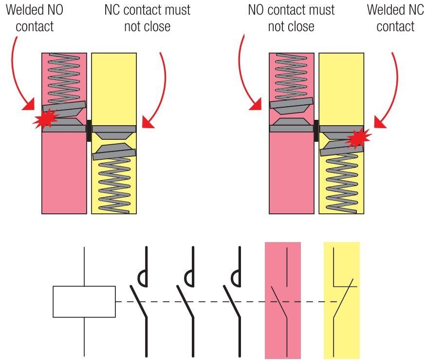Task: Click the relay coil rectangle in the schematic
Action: tap(84, 302)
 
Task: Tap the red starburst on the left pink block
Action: tap(45, 118)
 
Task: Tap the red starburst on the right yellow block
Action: tap(360, 138)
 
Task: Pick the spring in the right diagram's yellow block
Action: tap(341, 183)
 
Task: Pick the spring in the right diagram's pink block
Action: tap(291, 73)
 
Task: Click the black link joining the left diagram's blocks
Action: tap(89, 130)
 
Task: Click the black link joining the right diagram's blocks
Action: tap(316, 130)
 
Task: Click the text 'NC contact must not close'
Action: tap(147, 18)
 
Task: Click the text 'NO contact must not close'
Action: tap(291, 18)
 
